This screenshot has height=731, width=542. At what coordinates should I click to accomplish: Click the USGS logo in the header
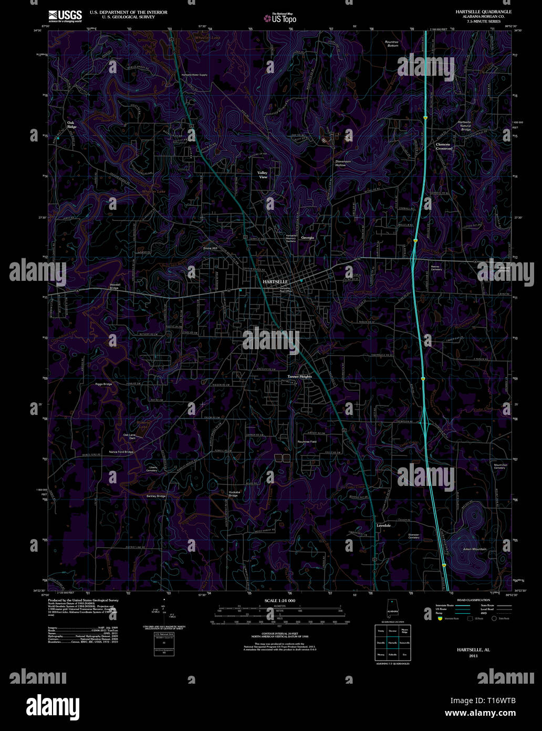pyautogui.click(x=65, y=16)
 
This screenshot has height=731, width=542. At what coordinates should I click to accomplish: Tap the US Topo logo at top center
pyautogui.click(x=280, y=18)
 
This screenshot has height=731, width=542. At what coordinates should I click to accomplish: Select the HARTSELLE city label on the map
pyautogui.click(x=275, y=282)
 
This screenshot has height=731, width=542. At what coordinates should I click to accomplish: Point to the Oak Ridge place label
pyautogui.click(x=71, y=125)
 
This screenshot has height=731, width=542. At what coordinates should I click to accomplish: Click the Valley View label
pyautogui.click(x=263, y=175)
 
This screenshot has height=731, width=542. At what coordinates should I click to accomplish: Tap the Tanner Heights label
pyautogui.click(x=299, y=377)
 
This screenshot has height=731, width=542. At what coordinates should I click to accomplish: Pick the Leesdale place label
pyautogui.click(x=384, y=525)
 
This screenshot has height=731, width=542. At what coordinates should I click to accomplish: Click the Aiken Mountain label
pyautogui.click(x=474, y=549)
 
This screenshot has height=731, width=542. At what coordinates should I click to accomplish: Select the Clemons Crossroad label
pyautogui.click(x=444, y=146)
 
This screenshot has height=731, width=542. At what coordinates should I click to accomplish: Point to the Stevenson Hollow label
pyautogui.click(x=340, y=163)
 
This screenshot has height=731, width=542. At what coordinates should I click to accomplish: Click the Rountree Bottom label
pyautogui.click(x=392, y=44)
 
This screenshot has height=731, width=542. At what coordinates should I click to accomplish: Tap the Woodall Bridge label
pyautogui.click(x=114, y=286)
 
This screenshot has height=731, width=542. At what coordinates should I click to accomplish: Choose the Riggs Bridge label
pyautogui.click(x=103, y=384)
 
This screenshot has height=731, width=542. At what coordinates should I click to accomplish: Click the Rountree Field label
pyautogui.click(x=307, y=442)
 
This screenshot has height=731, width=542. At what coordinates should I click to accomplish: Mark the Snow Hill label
pyautogui.click(x=210, y=248)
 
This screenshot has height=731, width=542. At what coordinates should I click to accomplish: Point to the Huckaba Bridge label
pyautogui.click(x=234, y=494)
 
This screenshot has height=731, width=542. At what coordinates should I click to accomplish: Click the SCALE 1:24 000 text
pyautogui.click(x=280, y=600)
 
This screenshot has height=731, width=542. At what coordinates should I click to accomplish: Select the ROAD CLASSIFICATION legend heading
pyautogui.click(x=473, y=600)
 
